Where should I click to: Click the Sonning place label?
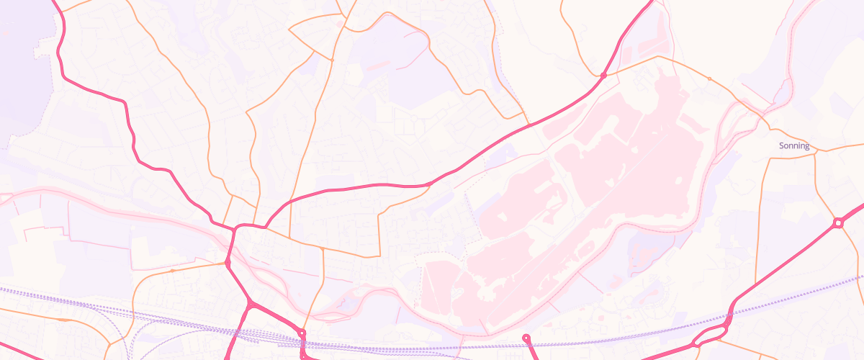[794, 146]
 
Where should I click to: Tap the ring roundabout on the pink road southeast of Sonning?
[838, 223]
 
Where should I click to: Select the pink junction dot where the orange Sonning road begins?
[603, 75]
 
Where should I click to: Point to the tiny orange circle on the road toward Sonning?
[709, 78]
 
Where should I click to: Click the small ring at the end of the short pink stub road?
[526, 337]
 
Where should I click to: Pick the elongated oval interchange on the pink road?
[709, 336]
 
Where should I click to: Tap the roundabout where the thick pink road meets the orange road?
[302, 333]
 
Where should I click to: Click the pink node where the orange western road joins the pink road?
[228, 264]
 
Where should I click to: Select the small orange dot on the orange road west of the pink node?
[172, 271]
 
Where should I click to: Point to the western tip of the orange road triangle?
[289, 30]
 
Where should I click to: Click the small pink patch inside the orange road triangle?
[340, 24]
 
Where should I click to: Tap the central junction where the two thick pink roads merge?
[235, 230]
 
